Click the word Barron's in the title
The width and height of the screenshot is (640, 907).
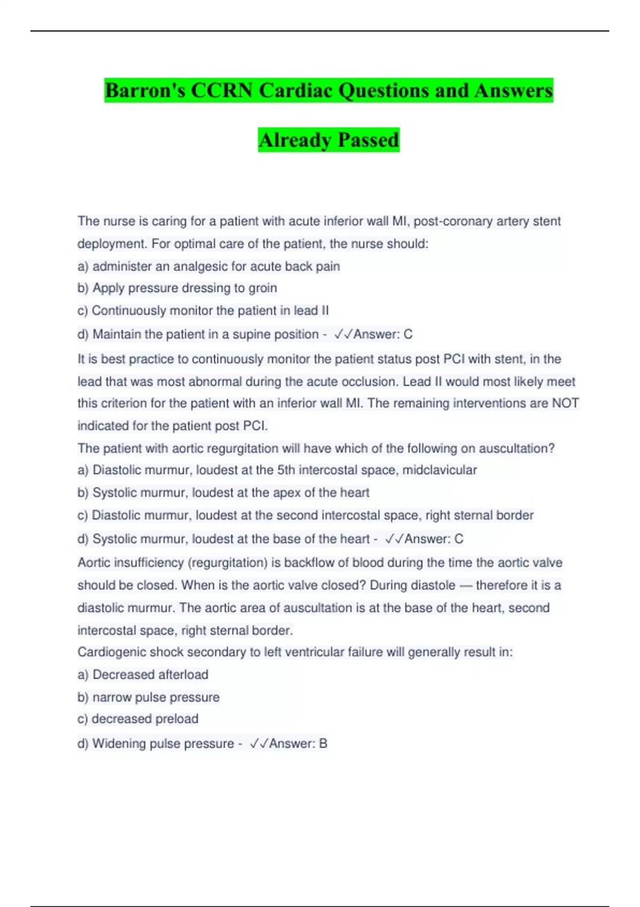145,90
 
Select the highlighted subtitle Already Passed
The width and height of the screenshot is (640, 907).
329,140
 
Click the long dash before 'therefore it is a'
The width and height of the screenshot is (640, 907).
465,585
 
